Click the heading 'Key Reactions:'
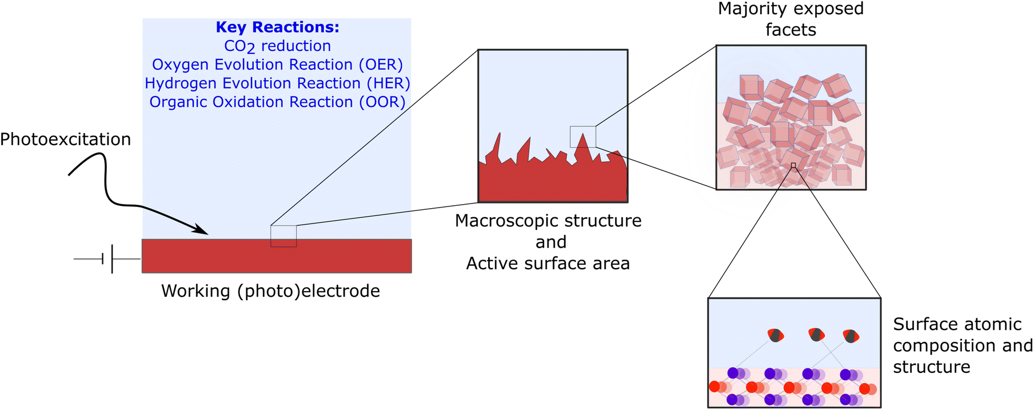coord(277,27)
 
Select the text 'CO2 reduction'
coord(277,46)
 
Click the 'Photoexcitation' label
coord(65,140)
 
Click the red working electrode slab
coord(277,256)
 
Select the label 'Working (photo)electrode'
coord(270,291)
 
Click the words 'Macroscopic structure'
coord(548,221)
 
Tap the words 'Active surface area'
coord(548,264)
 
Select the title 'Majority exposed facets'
coord(791,19)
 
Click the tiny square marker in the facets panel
coord(793,166)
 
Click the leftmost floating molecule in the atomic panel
coord(776,335)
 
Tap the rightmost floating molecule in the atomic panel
coord(851,336)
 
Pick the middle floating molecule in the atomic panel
coord(816,334)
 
